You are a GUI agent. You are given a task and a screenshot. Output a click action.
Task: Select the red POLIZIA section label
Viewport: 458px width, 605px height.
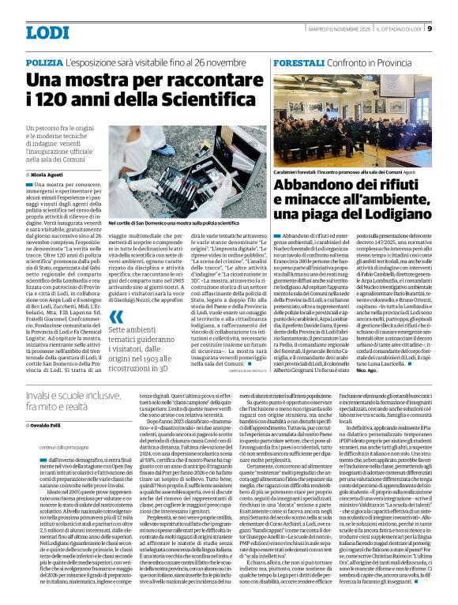coord(43,62)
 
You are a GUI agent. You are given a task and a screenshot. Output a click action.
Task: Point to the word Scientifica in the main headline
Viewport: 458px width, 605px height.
coord(196,100)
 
